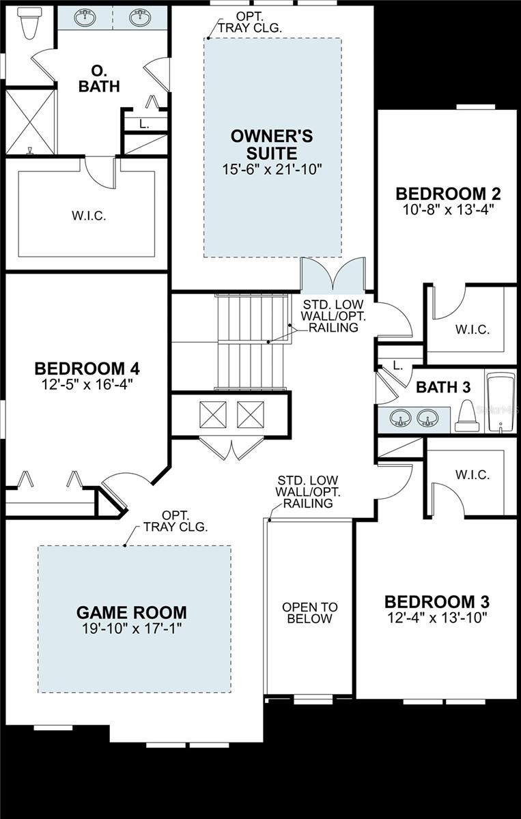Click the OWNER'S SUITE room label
[272, 143]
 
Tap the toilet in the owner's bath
[29, 25]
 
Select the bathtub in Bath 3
[501, 403]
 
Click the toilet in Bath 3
[467, 416]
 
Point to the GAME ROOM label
[131, 612]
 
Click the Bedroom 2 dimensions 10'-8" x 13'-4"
[449, 209]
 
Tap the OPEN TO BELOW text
[309, 613]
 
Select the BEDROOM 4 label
[87, 369]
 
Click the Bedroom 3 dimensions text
[437, 619]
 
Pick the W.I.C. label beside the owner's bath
[89, 216]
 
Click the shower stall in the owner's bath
[30, 121]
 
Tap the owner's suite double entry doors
[333, 275]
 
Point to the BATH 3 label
[444, 388]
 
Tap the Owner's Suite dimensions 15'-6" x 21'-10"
[272, 168]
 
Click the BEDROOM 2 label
[449, 192]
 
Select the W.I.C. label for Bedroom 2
[473, 329]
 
